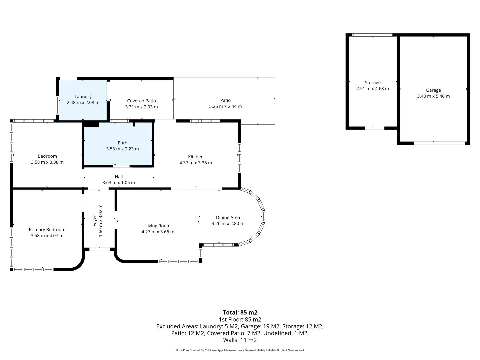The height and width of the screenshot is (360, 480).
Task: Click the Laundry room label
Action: point(83,97)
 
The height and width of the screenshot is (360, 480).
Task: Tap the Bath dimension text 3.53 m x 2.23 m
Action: point(122,149)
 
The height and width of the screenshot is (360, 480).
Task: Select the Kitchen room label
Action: point(196,157)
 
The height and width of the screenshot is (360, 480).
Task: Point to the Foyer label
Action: point(94,221)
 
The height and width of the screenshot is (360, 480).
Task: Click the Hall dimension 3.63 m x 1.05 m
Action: point(119,183)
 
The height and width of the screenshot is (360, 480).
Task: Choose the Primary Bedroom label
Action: point(47,230)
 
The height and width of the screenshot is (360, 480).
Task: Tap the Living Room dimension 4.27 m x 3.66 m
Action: point(158,232)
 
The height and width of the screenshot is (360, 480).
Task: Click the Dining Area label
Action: point(228,217)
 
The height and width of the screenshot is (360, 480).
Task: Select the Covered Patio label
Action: point(141,101)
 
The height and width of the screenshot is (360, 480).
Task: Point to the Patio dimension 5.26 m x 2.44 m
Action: point(225,106)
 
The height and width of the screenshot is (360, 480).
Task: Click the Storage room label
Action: point(373,83)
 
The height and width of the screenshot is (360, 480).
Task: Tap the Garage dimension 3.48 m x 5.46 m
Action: point(433,96)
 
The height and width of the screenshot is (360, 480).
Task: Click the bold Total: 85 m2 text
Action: point(240,312)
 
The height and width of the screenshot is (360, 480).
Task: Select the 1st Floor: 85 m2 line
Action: point(240,320)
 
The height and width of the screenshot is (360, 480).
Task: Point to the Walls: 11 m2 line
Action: point(240,340)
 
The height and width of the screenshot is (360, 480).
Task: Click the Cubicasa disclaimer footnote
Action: point(240,350)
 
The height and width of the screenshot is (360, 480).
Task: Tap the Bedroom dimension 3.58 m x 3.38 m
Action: point(47,162)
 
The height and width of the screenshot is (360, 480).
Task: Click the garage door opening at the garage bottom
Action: point(440,143)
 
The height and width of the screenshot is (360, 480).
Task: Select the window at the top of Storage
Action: point(372,35)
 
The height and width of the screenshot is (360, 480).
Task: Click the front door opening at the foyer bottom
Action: point(100,249)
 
